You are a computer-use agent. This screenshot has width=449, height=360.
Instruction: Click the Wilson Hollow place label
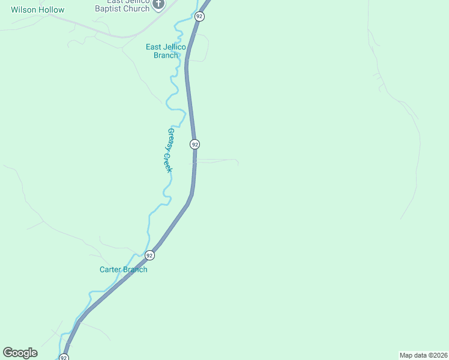coord(37,10)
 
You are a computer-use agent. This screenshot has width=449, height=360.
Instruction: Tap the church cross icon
coord(158,5)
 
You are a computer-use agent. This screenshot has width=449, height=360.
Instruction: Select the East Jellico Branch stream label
coord(166,51)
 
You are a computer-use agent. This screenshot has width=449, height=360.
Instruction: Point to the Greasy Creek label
coord(169,150)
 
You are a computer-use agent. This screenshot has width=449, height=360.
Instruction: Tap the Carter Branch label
coord(123,269)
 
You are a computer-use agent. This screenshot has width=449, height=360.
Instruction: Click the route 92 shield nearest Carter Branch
coord(149,255)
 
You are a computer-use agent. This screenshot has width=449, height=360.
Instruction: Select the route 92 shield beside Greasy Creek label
coord(194,144)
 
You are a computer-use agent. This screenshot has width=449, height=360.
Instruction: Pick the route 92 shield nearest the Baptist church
coord(200,16)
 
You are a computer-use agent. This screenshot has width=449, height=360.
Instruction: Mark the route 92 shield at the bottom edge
coord(64,358)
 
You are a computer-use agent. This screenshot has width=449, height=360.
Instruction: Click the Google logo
coord(20,353)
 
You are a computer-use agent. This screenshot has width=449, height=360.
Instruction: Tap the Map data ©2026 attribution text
coord(423,355)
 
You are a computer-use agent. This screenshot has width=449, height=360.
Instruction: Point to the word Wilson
coord(23,10)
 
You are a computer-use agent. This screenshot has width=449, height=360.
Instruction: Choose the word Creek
coord(167,163)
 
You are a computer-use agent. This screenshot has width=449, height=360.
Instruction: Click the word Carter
coord(110,269)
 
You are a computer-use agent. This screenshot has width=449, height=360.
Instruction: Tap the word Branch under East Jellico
coord(166,55)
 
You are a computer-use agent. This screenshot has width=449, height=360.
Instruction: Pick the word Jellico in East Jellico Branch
coord(176,47)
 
